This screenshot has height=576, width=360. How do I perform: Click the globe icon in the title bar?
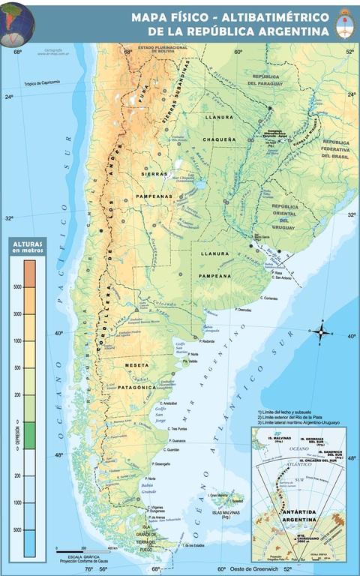click(x=17, y=21)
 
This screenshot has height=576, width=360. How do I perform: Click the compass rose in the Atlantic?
click(x=321, y=331)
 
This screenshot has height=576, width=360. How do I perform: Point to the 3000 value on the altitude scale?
click(x=17, y=313)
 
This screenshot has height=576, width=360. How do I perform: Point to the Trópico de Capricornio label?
click(x=40, y=83)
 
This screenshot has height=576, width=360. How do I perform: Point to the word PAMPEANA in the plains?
click(x=214, y=276)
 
